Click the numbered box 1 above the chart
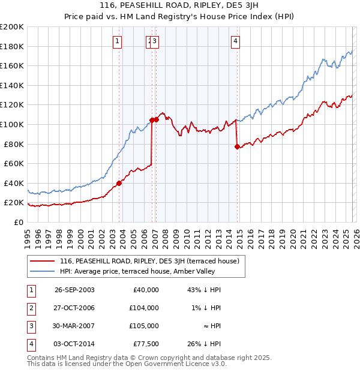tap(116, 41)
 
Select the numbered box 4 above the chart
tap(236, 41)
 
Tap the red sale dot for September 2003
tap(119, 183)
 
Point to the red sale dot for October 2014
tap(237, 146)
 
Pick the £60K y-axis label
tap(14, 163)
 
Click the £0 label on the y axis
tap(18, 222)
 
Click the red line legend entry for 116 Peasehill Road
tap(149, 261)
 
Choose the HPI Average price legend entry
tap(141, 271)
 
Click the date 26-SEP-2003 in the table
tap(74, 290)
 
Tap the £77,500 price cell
tap(146, 344)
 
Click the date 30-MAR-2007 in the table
tap(74, 326)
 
